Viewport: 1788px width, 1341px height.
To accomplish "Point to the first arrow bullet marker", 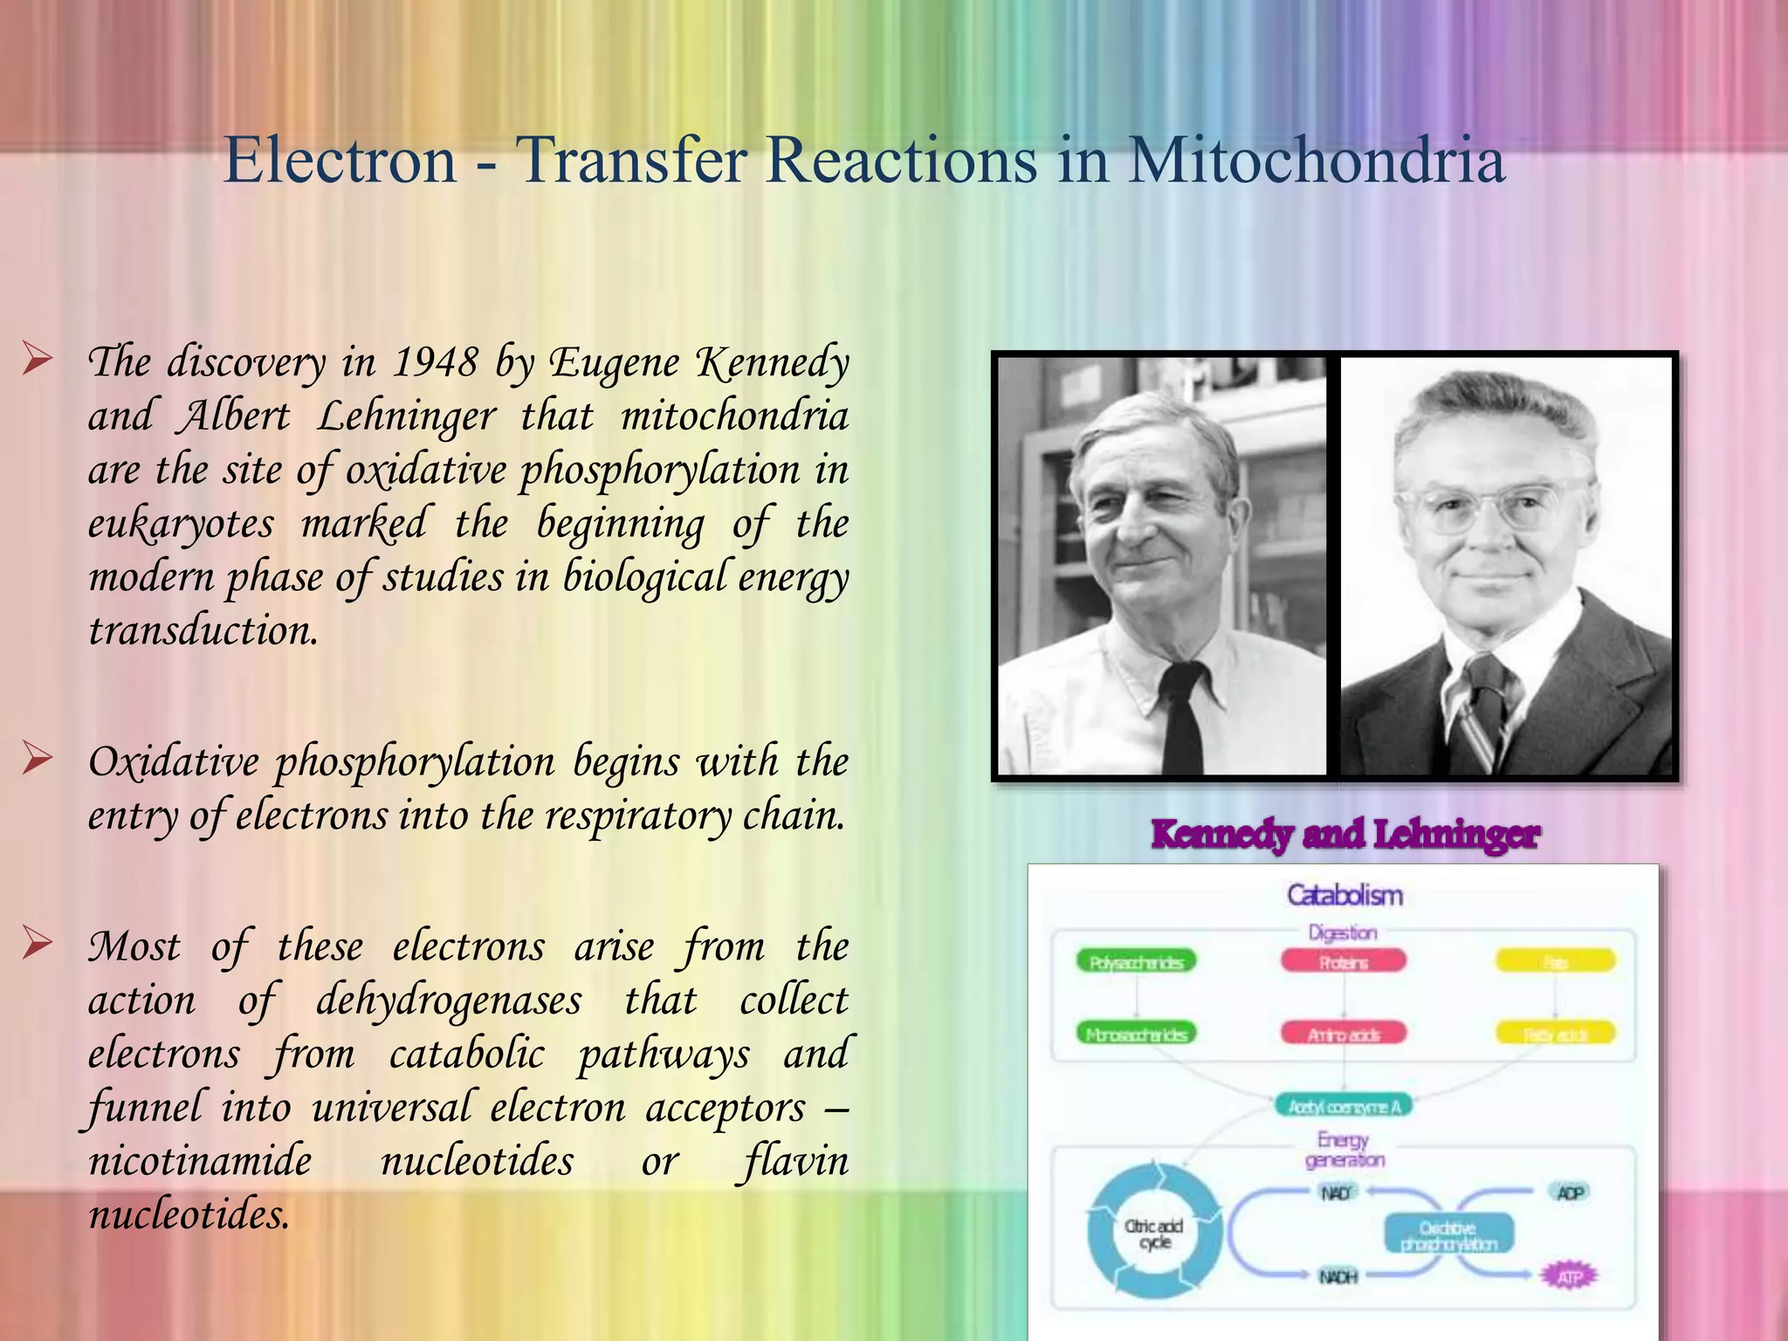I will (x=38, y=359).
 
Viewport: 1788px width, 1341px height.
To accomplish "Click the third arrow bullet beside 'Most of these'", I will (x=38, y=943).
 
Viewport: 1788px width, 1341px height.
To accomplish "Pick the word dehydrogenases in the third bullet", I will (x=449, y=1001).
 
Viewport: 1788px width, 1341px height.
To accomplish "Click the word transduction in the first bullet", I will (x=203, y=630).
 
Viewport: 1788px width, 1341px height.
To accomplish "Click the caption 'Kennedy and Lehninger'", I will (x=1345, y=834).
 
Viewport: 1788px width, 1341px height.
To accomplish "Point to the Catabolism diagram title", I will (x=1344, y=895).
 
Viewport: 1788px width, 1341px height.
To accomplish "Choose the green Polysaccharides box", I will (x=1136, y=962).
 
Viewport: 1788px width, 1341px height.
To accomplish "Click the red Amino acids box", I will (x=1344, y=1035).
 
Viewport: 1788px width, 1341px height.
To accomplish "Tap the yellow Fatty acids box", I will (x=1555, y=1035).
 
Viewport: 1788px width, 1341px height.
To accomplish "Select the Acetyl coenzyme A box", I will (x=1344, y=1107).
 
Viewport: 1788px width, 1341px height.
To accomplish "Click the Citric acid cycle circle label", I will (x=1154, y=1234).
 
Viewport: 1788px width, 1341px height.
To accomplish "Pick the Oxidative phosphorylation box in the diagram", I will (x=1449, y=1235).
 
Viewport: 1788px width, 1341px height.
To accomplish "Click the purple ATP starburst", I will (x=1569, y=1277).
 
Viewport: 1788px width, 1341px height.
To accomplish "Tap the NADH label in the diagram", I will (x=1338, y=1277).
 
